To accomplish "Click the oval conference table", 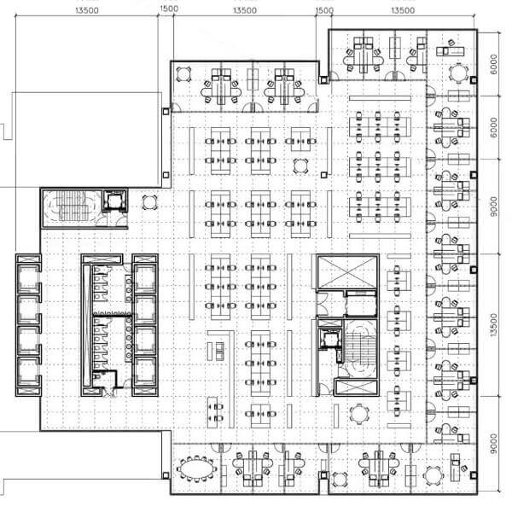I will click(x=197, y=468).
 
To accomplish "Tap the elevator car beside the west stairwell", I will click(x=113, y=202).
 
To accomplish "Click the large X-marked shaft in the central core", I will click(x=346, y=272).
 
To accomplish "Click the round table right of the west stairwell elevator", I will click(x=150, y=202).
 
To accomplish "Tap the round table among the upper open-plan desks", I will click(x=300, y=164).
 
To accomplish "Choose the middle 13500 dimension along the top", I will click(x=244, y=10).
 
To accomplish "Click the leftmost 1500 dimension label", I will click(x=168, y=10).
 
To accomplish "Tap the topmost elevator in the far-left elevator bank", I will click(x=27, y=276).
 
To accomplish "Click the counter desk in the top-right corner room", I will click(x=455, y=51).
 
